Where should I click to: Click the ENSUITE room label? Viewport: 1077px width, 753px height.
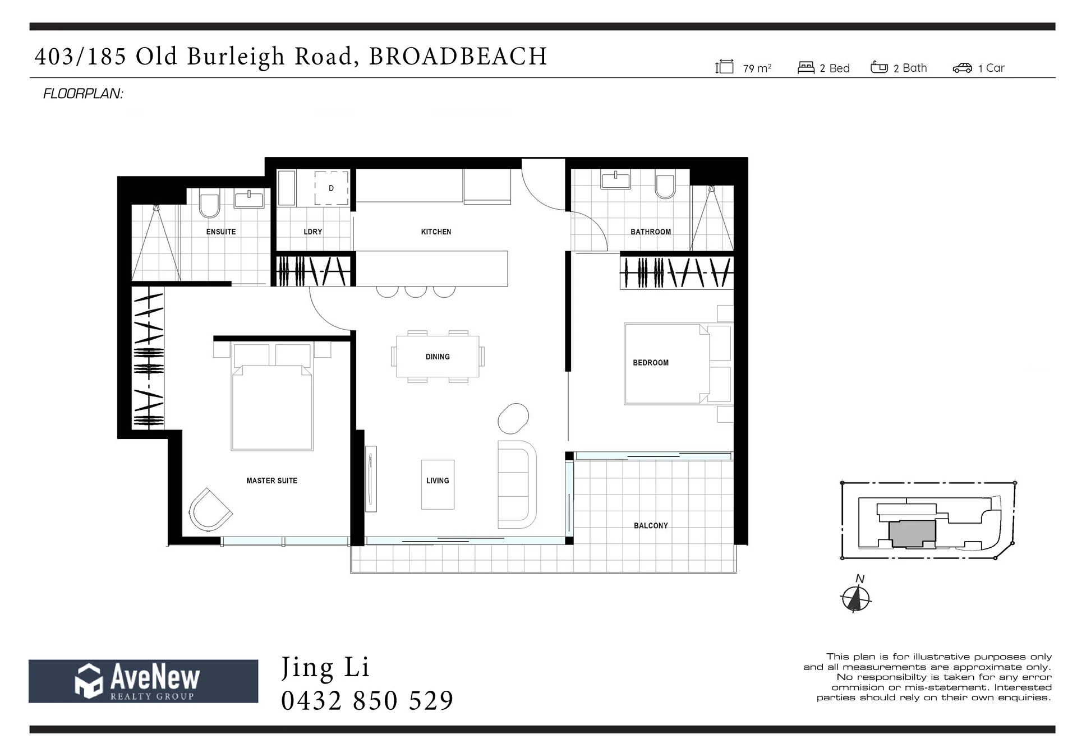pyautogui.click(x=221, y=232)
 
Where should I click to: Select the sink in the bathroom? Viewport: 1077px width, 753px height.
pyautogui.click(x=615, y=181)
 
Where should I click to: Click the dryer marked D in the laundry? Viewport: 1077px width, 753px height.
pyautogui.click(x=331, y=188)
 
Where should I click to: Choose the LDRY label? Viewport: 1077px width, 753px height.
pyautogui.click(x=313, y=232)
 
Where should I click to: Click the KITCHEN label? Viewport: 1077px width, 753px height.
pyautogui.click(x=436, y=232)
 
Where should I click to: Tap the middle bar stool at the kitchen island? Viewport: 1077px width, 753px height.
pyautogui.click(x=416, y=292)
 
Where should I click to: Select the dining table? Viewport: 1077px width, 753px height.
pyautogui.click(x=438, y=357)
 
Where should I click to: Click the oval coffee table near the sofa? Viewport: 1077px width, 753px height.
pyautogui.click(x=513, y=419)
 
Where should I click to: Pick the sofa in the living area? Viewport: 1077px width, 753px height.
pyautogui.click(x=517, y=484)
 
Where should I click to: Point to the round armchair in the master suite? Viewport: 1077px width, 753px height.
pyautogui.click(x=210, y=509)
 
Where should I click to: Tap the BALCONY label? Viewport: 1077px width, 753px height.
pyautogui.click(x=651, y=525)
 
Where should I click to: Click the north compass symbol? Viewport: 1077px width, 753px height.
pyautogui.click(x=855, y=598)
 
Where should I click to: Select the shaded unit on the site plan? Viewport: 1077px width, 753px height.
pyautogui.click(x=912, y=533)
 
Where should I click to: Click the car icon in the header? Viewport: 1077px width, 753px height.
pyautogui.click(x=962, y=68)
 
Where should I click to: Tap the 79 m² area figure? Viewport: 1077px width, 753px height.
pyautogui.click(x=757, y=68)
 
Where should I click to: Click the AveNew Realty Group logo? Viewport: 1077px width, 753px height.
pyautogui.click(x=144, y=681)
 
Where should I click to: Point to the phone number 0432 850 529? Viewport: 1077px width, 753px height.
pyautogui.click(x=367, y=701)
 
